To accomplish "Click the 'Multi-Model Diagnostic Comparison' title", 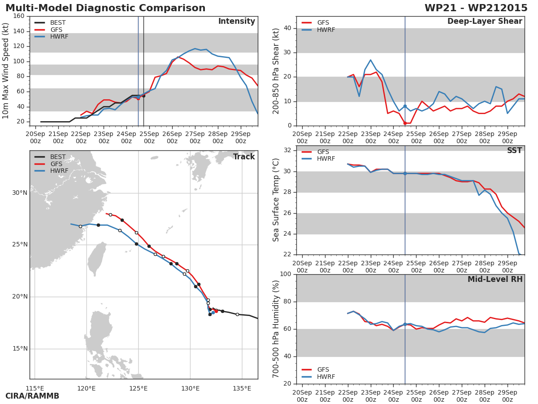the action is tap(105, 8).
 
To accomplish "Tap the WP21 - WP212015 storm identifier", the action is tap(476, 8).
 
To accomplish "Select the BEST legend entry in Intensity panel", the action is tap(50, 22).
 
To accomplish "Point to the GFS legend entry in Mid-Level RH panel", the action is tap(315, 369).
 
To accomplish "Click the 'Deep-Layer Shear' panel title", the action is tap(485, 22).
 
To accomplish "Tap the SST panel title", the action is tap(515, 150).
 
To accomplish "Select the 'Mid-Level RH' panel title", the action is tap(495, 279).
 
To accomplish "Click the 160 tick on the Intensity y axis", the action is tap(19, 16).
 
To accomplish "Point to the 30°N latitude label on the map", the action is tap(20, 193).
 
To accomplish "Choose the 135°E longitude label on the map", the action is tap(242, 388).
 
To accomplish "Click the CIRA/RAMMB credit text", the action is tap(32, 396).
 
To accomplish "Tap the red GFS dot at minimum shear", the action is tap(405, 123).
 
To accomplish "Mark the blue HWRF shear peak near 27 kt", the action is tap(371, 60).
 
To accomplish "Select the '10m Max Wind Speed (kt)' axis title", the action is tap(5, 71).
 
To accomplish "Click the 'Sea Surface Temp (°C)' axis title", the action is tap(276, 200).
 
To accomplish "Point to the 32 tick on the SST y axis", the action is tap(287, 150).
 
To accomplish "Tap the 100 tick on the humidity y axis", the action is tap(286, 274).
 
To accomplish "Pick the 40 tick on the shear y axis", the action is tap(287, 28).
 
